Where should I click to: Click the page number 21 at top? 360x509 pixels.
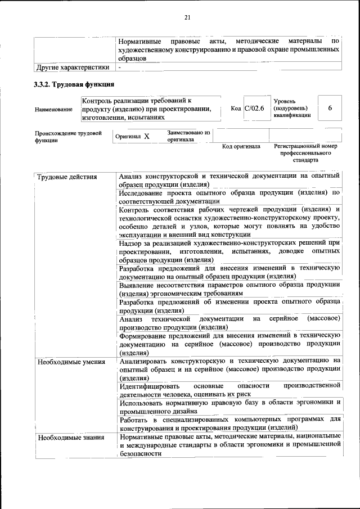[187, 17]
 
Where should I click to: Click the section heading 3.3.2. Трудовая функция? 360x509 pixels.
[74, 85]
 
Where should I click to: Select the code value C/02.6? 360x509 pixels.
[254, 108]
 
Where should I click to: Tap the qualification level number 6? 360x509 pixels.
[330, 108]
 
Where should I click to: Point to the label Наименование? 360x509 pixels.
[53, 109]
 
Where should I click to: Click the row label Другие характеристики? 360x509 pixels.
[73, 67]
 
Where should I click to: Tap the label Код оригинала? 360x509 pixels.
[241, 146]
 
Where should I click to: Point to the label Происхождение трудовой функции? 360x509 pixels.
[68, 137]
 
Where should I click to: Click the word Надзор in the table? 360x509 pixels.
[133, 243]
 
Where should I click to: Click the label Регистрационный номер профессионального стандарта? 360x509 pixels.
[305, 152]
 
